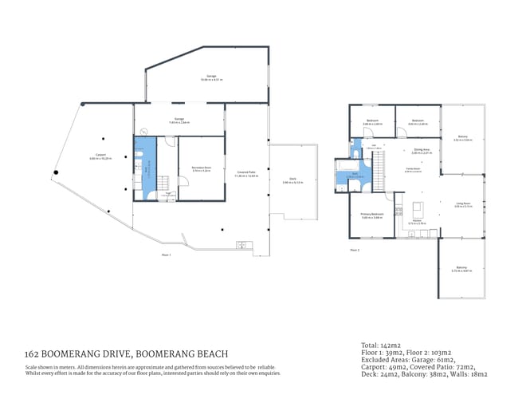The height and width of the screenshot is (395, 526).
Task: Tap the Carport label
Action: (101, 155)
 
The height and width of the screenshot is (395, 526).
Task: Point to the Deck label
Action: (292, 180)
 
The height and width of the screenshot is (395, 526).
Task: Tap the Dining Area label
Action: (422, 149)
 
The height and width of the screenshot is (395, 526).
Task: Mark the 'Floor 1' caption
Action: (167, 255)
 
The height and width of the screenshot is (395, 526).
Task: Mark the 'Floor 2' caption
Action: (355, 251)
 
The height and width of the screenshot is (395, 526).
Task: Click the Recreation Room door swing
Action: (183, 181)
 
